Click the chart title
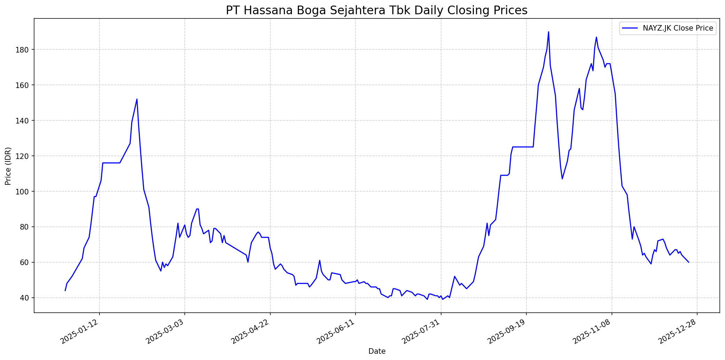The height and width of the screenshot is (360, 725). [x=376, y=10]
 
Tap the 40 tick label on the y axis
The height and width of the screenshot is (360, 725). [x=25, y=298]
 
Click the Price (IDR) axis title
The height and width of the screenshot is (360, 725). [x=8, y=166]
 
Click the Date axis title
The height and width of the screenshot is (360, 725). [x=377, y=351]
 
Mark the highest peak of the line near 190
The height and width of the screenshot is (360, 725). [x=548, y=32]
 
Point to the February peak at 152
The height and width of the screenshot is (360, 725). [x=137, y=99]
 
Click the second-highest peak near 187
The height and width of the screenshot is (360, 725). [x=596, y=37]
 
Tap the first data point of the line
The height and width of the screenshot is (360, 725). [x=65, y=290]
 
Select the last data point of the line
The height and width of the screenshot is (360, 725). [x=688, y=262]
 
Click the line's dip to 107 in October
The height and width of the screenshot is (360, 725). [x=562, y=179]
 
